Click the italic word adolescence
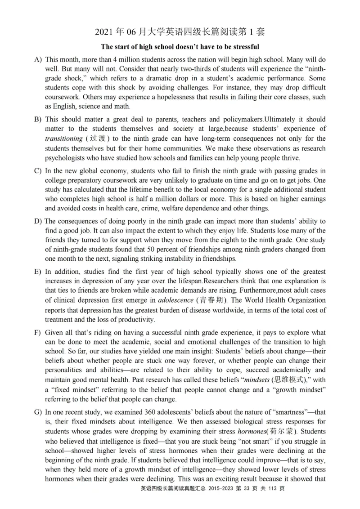[x=175, y=300]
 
